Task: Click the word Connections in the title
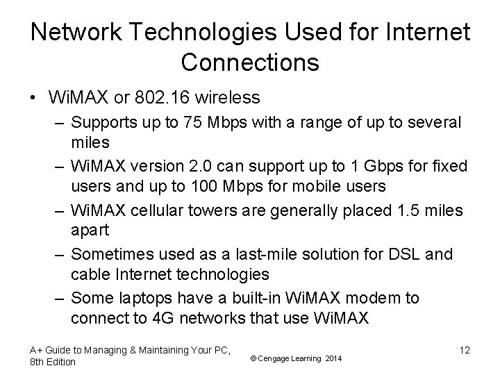(250, 62)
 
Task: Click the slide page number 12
(464, 350)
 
